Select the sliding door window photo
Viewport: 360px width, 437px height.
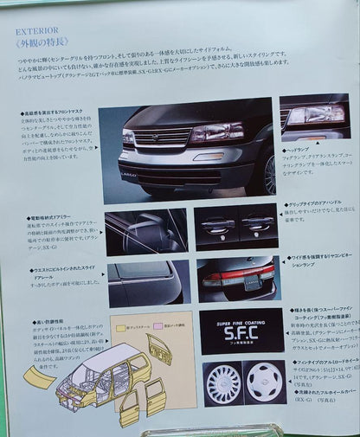(x=145, y=283)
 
